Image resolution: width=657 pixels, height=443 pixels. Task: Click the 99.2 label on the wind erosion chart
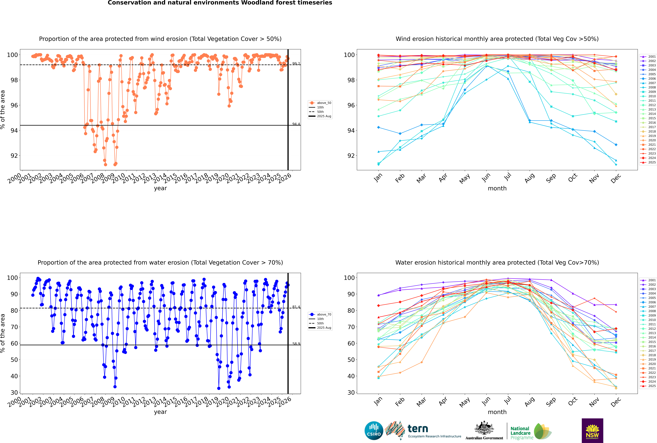point(296,64)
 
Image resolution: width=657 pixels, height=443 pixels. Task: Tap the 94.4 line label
point(296,124)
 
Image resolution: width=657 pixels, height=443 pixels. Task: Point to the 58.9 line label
point(296,344)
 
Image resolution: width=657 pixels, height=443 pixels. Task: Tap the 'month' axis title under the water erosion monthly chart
point(497,412)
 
